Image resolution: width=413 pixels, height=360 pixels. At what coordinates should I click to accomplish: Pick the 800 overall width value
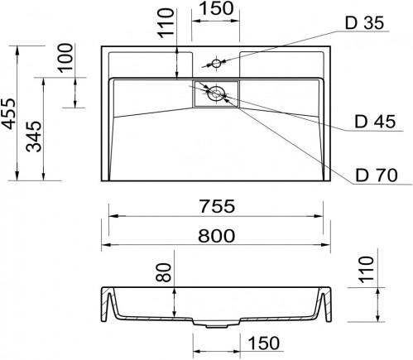(x=215, y=235)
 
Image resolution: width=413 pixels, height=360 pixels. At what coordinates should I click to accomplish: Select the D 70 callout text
(x=377, y=175)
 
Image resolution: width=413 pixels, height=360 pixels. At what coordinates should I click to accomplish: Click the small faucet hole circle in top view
(x=216, y=64)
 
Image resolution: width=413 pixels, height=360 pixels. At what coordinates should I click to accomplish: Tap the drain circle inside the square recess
(x=216, y=94)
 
